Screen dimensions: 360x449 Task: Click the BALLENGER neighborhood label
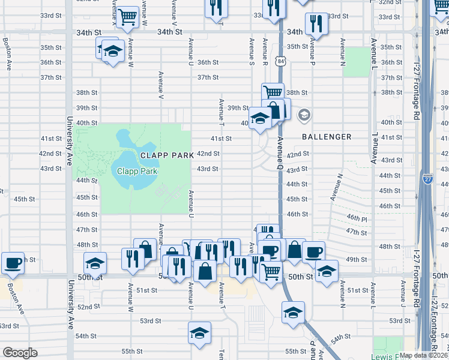point(327,137)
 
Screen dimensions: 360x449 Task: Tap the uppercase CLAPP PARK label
point(167,155)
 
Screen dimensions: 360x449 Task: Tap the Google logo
point(20,352)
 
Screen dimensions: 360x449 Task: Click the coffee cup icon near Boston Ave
point(13,263)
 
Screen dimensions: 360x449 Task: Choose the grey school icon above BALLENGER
point(304,115)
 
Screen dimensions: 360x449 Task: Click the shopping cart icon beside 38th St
point(273,93)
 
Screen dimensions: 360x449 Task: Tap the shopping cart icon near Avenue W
point(127,18)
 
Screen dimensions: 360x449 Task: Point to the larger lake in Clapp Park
point(127,163)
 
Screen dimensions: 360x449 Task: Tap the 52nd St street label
point(88,307)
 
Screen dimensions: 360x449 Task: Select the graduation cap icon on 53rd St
point(293,312)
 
